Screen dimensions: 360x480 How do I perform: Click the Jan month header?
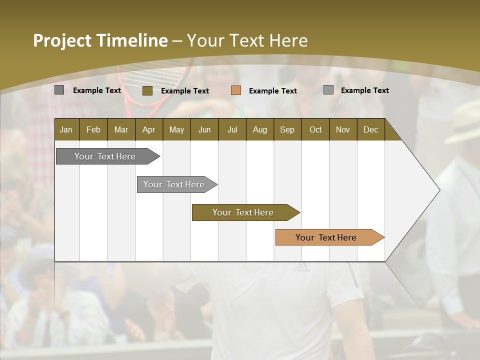pos(66,129)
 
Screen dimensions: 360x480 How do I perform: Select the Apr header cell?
pos(148,129)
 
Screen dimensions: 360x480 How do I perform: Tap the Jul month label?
pos(232,129)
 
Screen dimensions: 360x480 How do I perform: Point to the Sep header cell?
pos(287,129)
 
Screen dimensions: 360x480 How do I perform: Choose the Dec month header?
pos(370,129)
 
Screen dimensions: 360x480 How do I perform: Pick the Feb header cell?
pos(93,129)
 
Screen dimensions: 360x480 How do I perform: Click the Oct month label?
pos(315,129)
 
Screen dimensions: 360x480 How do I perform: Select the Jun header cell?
pos(204,129)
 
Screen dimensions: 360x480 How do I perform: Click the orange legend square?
pos(236,90)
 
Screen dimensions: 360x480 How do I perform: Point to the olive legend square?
pos(147,90)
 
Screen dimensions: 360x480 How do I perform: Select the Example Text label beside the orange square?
pos(272,90)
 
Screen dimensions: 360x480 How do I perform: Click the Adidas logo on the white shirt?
pos(301,269)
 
